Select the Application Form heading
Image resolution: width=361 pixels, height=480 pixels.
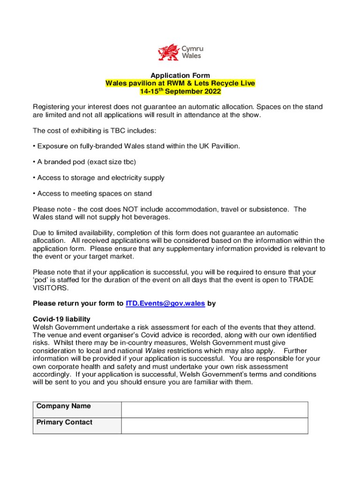click(180, 75)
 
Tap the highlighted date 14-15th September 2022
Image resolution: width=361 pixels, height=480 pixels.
click(180, 91)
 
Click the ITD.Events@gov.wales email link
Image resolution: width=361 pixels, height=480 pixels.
click(165, 303)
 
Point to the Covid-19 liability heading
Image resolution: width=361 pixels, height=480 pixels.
click(61, 319)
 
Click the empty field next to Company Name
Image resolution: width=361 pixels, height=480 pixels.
click(214, 409)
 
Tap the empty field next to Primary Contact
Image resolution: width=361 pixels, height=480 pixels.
click(214, 426)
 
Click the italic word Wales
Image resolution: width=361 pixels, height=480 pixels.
click(154, 351)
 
